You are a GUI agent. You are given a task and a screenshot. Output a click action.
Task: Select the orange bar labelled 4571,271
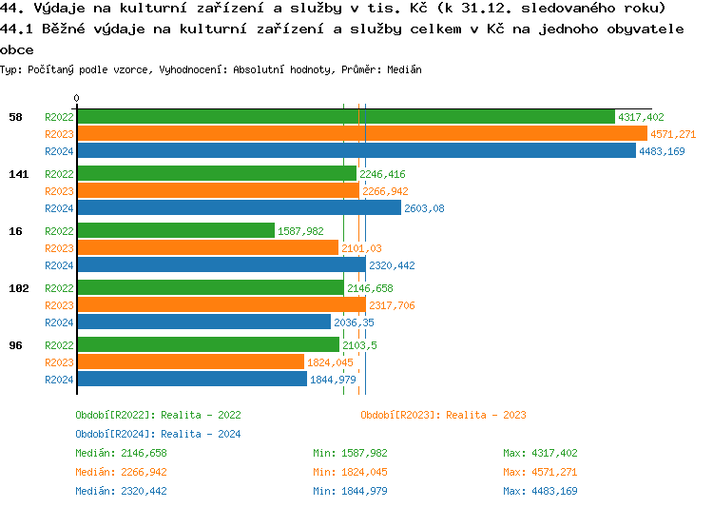(361, 134)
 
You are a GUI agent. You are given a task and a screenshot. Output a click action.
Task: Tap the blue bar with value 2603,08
(239, 208)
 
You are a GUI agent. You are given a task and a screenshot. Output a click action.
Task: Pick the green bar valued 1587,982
(175, 231)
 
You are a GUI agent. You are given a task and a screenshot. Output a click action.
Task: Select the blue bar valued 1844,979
(191, 380)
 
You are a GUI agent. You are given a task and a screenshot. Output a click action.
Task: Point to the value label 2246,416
(382, 174)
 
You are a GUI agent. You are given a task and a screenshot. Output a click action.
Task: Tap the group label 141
(18, 174)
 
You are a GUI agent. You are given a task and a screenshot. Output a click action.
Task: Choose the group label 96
(15, 345)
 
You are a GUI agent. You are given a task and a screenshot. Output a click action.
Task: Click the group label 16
(15, 231)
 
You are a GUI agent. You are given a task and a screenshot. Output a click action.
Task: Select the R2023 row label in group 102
(59, 305)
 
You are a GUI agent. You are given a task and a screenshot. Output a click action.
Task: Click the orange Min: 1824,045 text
(350, 472)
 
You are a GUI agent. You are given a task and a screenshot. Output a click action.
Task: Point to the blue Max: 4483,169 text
(540, 491)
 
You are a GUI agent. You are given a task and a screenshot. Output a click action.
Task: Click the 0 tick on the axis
(77, 98)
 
